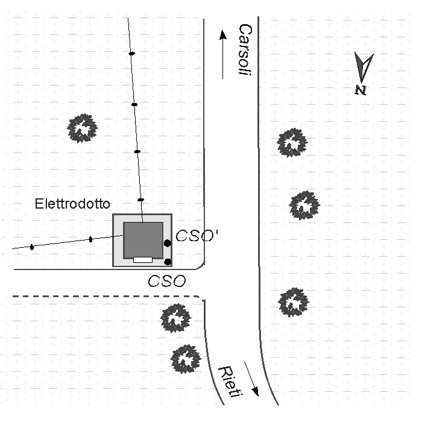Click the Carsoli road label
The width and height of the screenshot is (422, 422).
245,50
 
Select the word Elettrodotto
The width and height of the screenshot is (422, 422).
72,204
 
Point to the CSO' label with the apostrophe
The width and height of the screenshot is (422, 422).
197,236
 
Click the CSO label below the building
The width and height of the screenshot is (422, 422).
167,281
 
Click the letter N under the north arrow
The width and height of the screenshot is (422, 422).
361,90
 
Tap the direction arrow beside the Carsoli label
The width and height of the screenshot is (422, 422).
223,54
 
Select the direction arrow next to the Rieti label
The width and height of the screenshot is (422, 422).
251,379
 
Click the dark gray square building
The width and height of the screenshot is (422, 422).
143,241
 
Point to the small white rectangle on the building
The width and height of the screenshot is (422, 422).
143,260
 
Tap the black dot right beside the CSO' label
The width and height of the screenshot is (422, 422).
168,244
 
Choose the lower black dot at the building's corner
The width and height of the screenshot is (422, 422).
168,262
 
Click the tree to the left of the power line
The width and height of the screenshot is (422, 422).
82,128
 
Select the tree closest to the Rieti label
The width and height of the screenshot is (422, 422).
186,359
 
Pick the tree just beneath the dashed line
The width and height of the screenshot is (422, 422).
176,318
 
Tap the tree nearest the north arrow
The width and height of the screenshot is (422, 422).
292,143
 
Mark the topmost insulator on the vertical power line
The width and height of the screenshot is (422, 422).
131,54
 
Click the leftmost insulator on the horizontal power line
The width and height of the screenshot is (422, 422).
32,247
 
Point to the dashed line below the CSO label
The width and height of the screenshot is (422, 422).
106,297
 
